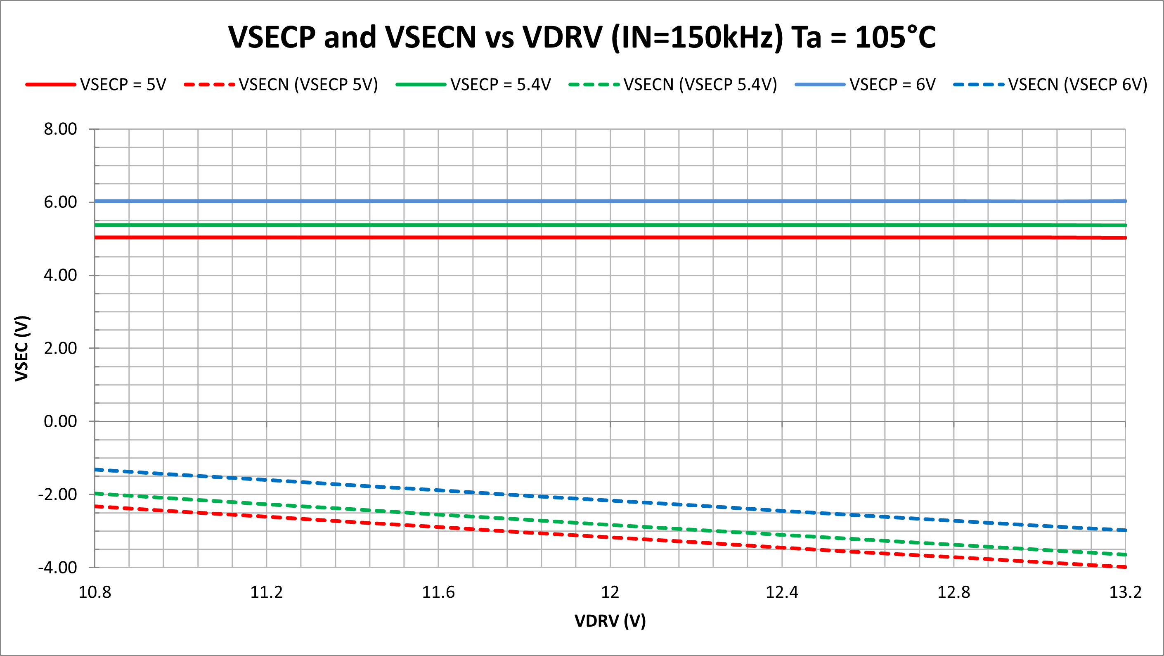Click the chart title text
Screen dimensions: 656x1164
[582, 37]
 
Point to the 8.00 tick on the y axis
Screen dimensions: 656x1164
[61, 129]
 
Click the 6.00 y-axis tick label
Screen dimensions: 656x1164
[61, 202]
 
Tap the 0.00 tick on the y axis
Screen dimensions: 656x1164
[61, 421]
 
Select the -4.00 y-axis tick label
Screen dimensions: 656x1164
[58, 567]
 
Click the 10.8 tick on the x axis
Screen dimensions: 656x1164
[95, 592]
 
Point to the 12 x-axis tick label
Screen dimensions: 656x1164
[610, 592]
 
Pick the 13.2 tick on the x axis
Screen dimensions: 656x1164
[1125, 592]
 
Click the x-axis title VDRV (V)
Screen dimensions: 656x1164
[610, 621]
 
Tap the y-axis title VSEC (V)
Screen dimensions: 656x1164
[22, 348]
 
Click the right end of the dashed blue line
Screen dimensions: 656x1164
[1124, 530]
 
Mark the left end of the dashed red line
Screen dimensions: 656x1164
[96, 506]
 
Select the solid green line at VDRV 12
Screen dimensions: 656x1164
[610, 225]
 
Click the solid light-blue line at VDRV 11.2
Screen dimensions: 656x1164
[267, 201]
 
